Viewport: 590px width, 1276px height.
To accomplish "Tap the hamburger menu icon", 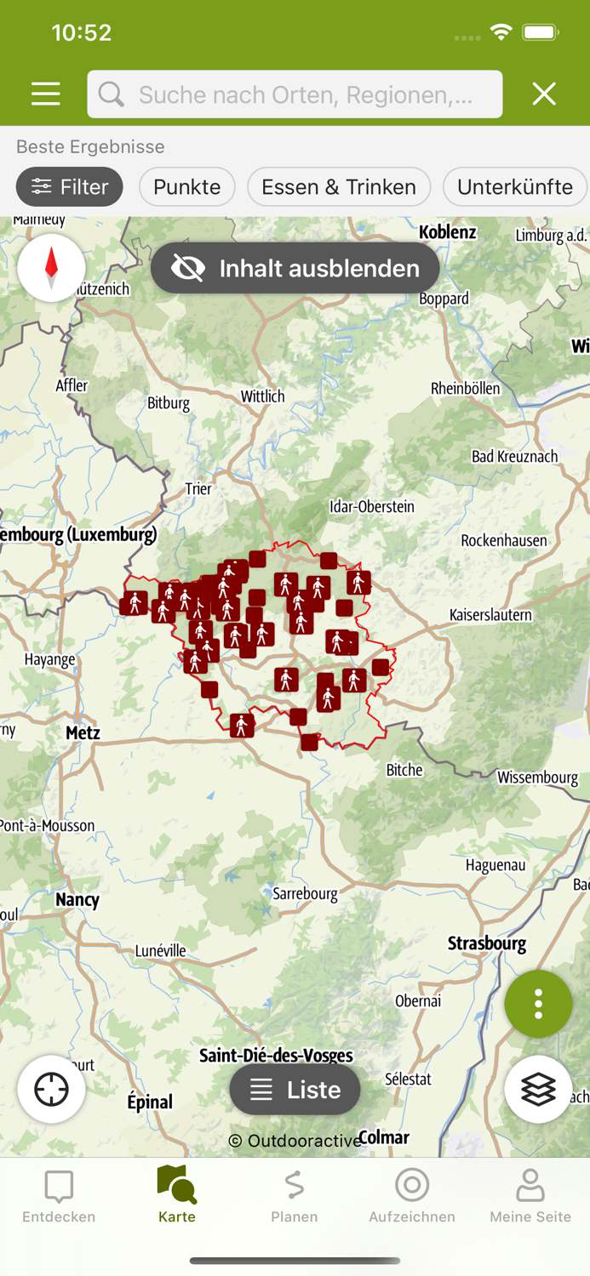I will tap(46, 94).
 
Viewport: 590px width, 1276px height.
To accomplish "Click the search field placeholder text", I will tap(305, 94).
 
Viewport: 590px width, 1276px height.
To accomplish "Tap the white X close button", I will tap(544, 94).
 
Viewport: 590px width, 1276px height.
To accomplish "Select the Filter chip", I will tap(70, 187).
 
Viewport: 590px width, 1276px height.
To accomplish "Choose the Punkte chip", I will tap(187, 187).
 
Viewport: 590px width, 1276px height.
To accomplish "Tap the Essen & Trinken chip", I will tap(339, 187).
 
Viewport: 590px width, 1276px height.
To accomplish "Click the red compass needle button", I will tap(51, 268).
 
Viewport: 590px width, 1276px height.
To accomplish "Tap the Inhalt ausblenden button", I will tap(295, 269).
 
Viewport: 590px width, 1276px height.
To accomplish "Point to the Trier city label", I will tap(198, 489).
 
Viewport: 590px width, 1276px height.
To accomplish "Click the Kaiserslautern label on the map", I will tap(490, 614).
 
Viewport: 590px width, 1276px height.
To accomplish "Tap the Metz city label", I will tap(83, 732).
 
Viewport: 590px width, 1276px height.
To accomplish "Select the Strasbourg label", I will tap(487, 943).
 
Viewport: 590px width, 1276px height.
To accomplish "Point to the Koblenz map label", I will tap(448, 231).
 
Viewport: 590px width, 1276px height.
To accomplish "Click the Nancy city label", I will tap(77, 899).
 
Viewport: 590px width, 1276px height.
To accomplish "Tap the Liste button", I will tap(295, 1090).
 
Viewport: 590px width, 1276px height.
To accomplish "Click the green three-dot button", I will tap(538, 1005).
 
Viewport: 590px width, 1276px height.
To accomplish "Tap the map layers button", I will tap(538, 1090).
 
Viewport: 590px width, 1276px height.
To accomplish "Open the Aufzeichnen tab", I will tap(412, 1194).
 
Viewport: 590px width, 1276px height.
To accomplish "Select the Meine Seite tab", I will tap(530, 1194).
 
